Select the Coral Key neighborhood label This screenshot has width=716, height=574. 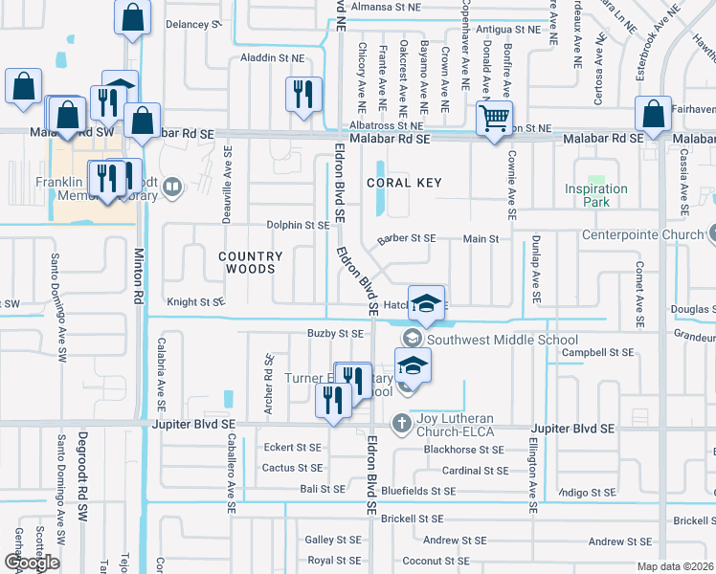403,183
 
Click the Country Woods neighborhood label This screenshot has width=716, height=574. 251,262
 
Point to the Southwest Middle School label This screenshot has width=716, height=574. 503,340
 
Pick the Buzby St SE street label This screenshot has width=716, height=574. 335,334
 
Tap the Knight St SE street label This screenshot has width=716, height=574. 196,301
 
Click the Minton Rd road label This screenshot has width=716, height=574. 139,276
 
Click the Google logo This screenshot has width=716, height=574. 33,563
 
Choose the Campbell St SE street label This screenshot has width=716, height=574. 598,352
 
